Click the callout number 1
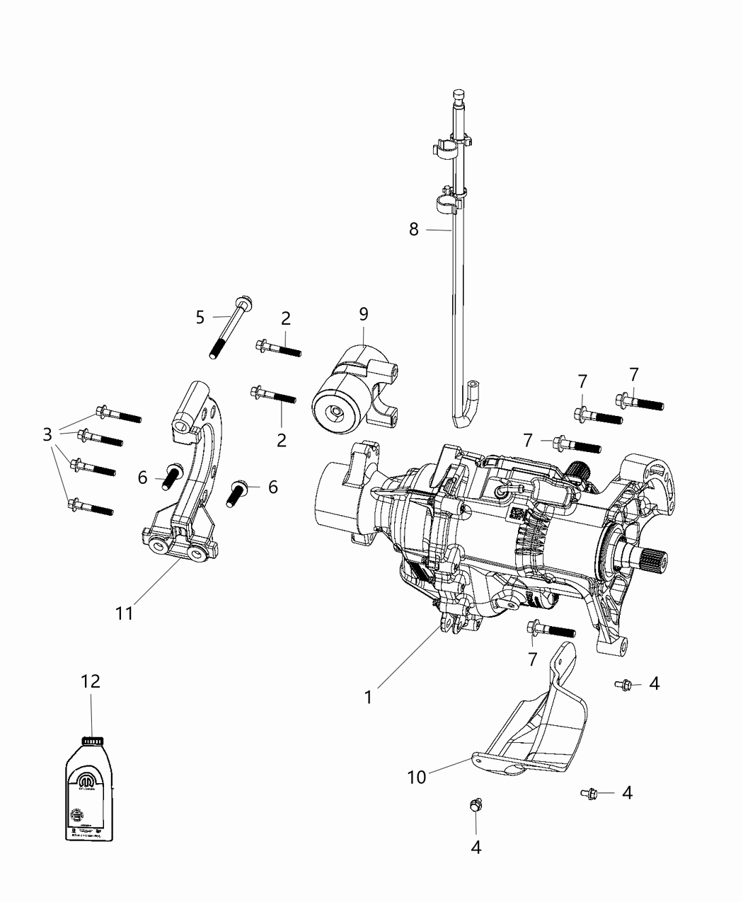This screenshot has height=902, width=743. tap(368, 696)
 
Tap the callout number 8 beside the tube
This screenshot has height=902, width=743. tap(413, 229)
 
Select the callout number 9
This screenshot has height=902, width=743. tap(363, 313)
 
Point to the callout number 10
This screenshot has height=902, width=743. tap(417, 777)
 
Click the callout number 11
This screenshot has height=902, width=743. tap(125, 613)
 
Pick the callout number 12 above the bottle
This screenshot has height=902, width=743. tap(91, 681)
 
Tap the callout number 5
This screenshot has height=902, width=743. tap(200, 317)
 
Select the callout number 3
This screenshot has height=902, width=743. tap(47, 434)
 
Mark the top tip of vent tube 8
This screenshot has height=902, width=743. tap(456, 93)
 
